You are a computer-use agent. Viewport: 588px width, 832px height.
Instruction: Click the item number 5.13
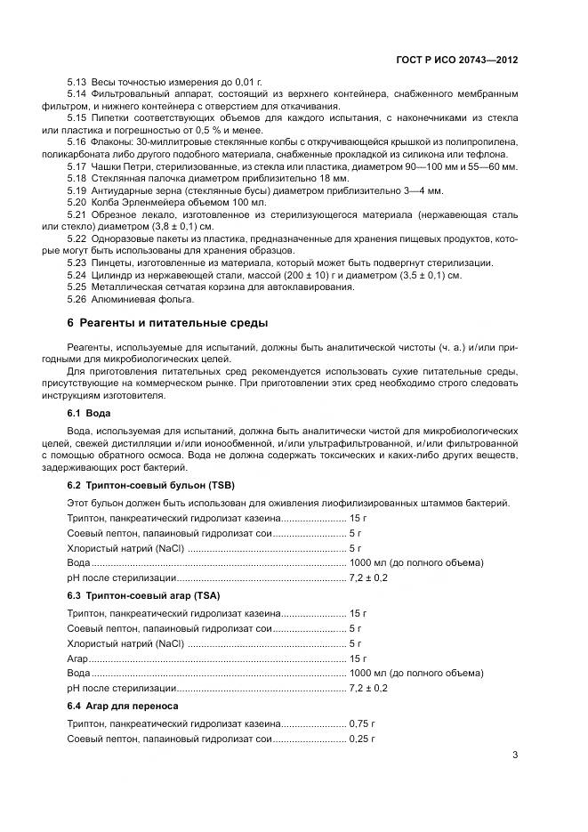coord(77,83)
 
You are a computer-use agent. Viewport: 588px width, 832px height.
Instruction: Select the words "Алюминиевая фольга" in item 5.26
coord(136,299)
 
